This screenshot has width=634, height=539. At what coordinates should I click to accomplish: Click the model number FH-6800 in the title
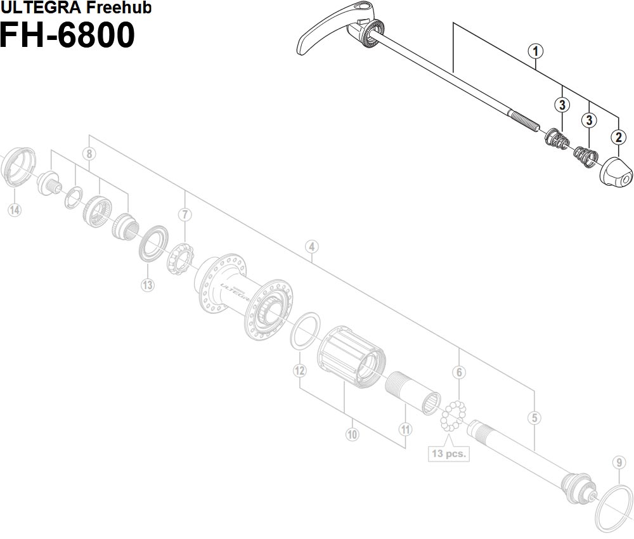click(x=67, y=35)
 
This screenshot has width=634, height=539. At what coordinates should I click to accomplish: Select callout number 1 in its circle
click(x=536, y=51)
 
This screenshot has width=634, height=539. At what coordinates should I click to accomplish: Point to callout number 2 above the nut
click(x=617, y=136)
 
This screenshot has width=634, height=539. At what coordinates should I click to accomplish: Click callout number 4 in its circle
click(x=311, y=247)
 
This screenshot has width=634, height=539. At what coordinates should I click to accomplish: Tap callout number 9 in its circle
click(x=619, y=462)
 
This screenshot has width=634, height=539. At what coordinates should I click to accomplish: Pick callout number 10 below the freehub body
click(x=353, y=434)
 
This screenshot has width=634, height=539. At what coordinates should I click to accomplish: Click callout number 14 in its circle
click(x=14, y=210)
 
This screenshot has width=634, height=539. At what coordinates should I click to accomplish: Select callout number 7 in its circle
click(x=184, y=214)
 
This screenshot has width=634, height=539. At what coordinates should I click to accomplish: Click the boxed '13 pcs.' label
click(x=448, y=453)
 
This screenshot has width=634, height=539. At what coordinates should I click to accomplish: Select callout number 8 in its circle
click(x=89, y=154)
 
